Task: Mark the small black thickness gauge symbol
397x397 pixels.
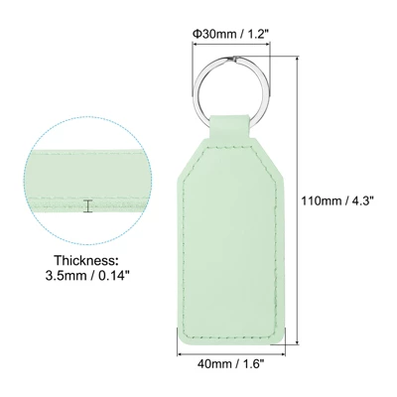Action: (x=88, y=206)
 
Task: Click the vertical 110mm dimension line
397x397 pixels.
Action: (x=299, y=198)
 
